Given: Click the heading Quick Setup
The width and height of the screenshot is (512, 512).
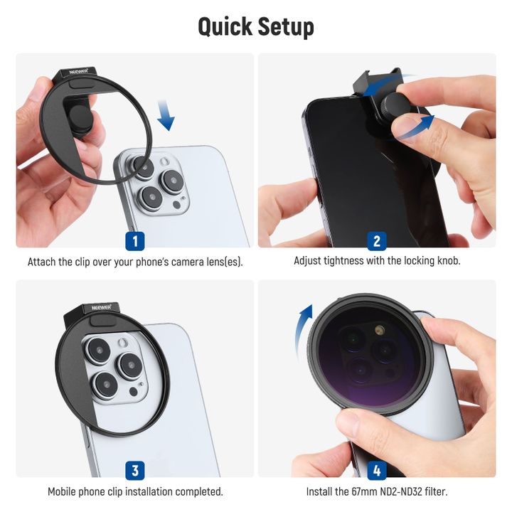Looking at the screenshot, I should click(256, 26).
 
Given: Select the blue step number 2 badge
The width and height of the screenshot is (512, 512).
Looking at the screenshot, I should click(377, 241).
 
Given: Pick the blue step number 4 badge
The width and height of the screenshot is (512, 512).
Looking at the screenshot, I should click(377, 470).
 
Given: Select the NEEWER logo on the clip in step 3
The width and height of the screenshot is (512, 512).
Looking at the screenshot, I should click(101, 307).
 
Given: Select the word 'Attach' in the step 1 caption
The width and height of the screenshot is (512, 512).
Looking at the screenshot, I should click(42, 262).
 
